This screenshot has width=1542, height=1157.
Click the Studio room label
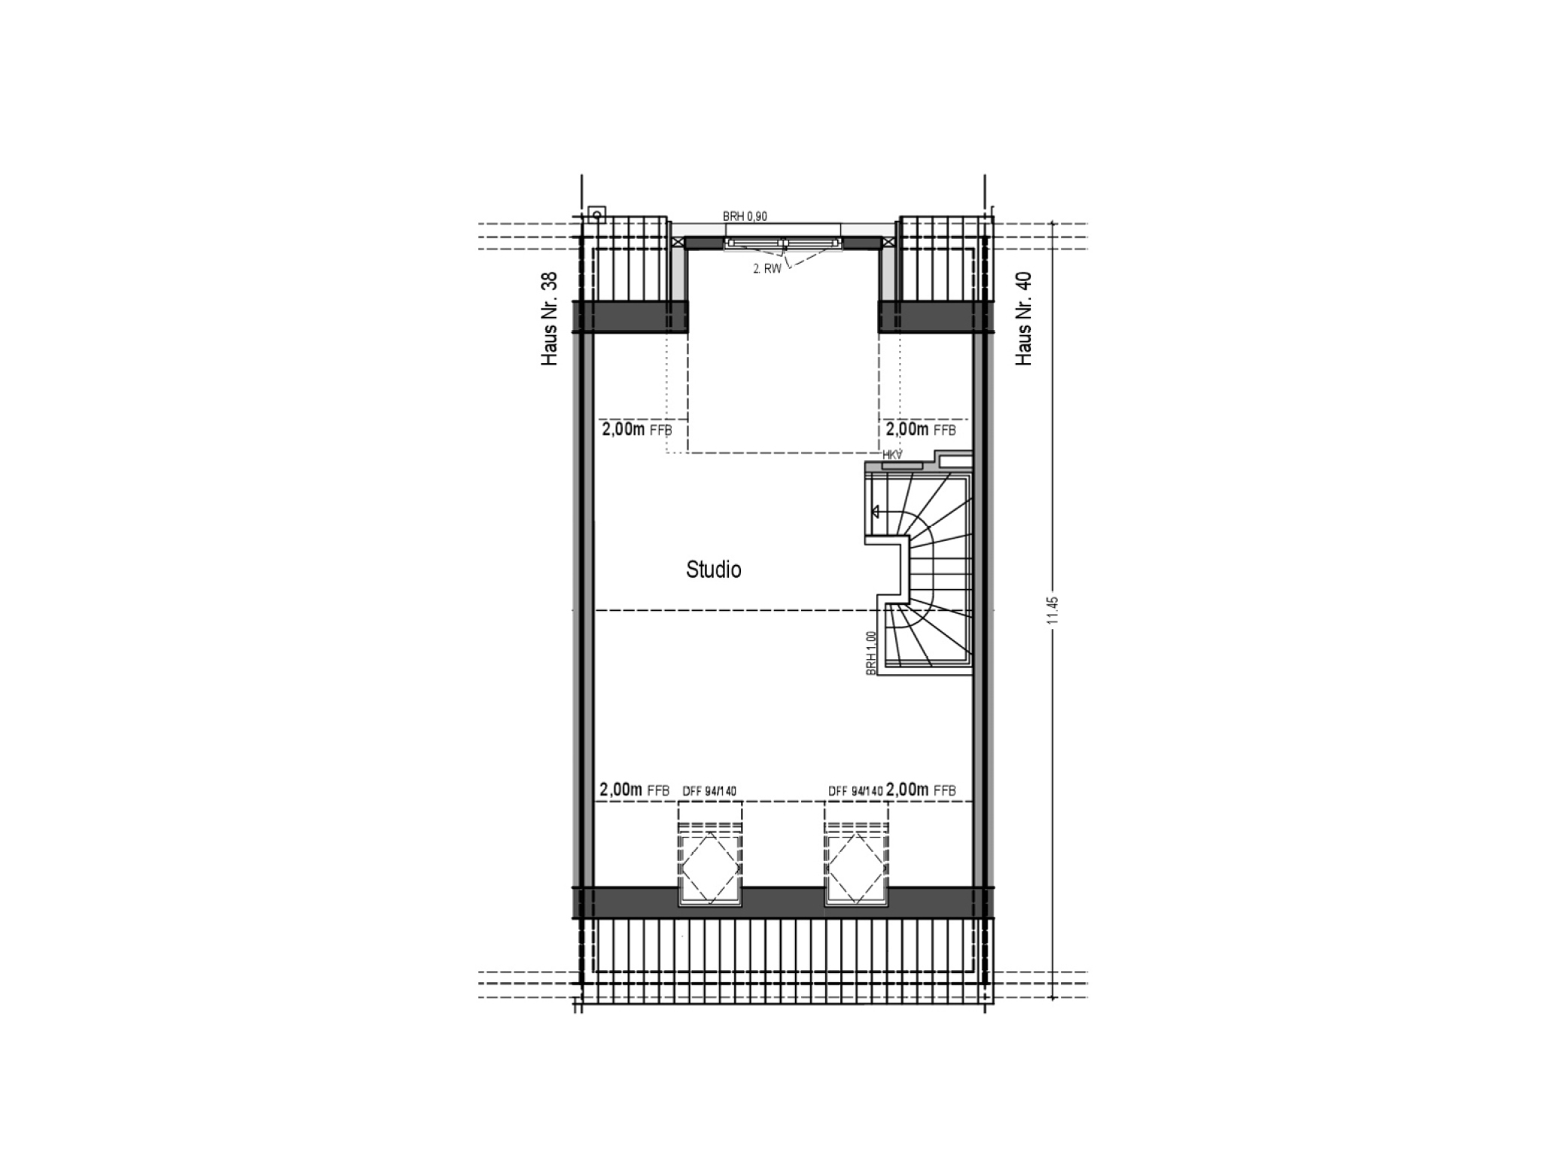coord(713,569)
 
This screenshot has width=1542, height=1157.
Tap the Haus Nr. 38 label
coord(550,319)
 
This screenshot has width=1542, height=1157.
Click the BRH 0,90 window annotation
coord(745,216)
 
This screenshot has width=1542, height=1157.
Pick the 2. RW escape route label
coord(767,268)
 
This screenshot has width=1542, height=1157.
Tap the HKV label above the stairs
coord(892,454)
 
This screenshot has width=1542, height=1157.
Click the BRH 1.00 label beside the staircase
coord(871,653)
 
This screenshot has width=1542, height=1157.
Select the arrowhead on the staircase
coord(876,512)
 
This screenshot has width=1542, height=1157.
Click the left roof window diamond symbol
coord(709,868)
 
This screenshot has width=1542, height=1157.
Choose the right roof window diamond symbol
coord(856,868)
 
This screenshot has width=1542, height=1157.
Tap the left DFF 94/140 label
coord(709,791)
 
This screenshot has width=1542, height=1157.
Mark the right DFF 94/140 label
coord(855,791)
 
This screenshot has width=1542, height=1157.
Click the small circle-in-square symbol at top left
coord(597,215)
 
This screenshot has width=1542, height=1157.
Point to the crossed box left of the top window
coord(678,242)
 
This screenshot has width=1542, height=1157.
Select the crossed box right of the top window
coord(888,242)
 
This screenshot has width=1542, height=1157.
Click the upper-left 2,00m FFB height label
coord(636,429)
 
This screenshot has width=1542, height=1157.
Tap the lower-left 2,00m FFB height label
coord(634,790)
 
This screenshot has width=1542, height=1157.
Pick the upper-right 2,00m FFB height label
coord(921,429)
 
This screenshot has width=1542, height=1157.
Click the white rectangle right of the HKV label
coord(955,459)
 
